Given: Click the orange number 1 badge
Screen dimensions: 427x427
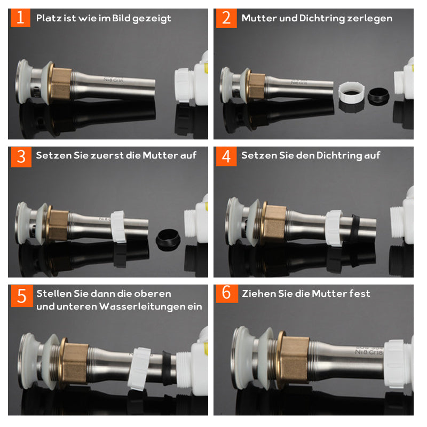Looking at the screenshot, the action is coord(20,18).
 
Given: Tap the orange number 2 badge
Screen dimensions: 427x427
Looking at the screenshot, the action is coord(226,18).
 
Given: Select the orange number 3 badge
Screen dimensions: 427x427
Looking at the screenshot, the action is coord(21,157).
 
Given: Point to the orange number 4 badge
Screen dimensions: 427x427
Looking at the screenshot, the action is coord(226,156).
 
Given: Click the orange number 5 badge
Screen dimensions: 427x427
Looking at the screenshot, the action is coord(22,296).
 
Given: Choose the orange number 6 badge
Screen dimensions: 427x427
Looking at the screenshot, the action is coord(227,294).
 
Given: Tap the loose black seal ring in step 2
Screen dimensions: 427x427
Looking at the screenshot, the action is coord(378,96).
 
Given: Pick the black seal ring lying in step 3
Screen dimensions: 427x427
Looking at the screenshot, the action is coord(168,239).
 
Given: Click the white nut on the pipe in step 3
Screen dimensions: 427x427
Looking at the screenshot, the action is coord(118,226).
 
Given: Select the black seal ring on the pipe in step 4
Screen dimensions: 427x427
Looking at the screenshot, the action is coord(354,228).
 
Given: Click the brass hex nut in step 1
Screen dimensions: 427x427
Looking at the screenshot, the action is coord(61,83).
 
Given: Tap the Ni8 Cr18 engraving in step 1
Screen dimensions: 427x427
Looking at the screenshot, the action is coord(113,80).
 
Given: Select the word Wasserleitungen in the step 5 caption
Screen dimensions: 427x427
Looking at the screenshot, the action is coord(142,306).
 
